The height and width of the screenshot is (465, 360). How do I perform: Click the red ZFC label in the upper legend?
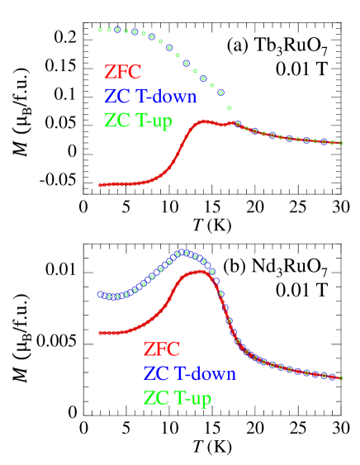pyautogui.click(x=122, y=73)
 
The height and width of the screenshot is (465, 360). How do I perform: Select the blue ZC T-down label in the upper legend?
pyautogui.click(x=150, y=97)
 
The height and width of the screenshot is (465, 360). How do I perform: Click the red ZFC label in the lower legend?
pyautogui.click(x=161, y=349)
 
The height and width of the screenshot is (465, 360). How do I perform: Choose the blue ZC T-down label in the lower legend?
pyautogui.click(x=189, y=373)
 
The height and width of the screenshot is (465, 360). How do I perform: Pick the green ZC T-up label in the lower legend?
pyautogui.click(x=178, y=397)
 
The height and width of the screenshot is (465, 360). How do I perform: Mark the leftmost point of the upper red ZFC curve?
pyautogui.click(x=100, y=185)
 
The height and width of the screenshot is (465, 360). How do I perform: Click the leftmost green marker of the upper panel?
pyautogui.click(x=100, y=30)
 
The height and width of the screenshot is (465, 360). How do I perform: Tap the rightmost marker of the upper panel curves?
pyautogui.click(x=340, y=144)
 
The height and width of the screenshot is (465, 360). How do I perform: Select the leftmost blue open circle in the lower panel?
pyautogui.click(x=100, y=294)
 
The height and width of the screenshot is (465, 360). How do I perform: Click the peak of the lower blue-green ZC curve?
pyautogui.click(x=186, y=252)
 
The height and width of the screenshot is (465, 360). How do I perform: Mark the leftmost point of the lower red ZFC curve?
pyautogui.click(x=100, y=333)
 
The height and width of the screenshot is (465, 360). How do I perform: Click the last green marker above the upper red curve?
pyautogui.click(x=229, y=108)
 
